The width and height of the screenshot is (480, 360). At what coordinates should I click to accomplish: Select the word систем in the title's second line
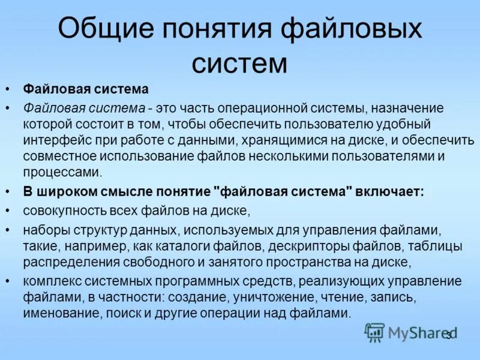pos(239,62)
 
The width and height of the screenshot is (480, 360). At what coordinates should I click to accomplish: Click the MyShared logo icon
pos(374,332)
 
